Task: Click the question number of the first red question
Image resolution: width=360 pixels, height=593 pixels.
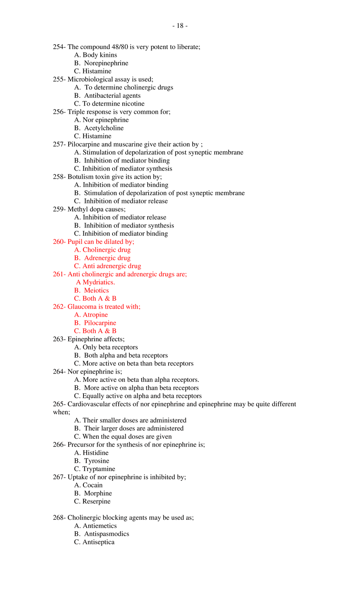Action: (x=57, y=242)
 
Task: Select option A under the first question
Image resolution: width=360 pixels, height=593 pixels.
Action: (x=105, y=249)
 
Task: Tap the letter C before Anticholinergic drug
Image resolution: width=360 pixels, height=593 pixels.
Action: (x=76, y=266)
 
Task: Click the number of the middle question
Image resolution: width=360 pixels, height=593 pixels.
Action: (x=57, y=274)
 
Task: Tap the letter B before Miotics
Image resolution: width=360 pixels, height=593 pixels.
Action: (x=76, y=290)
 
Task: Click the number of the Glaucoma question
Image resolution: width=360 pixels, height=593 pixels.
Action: (x=57, y=307)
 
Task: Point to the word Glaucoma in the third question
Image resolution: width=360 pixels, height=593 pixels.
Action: (x=82, y=307)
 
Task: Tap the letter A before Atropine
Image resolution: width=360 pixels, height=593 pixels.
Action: (x=76, y=315)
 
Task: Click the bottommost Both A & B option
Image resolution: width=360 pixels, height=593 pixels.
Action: (x=96, y=331)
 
